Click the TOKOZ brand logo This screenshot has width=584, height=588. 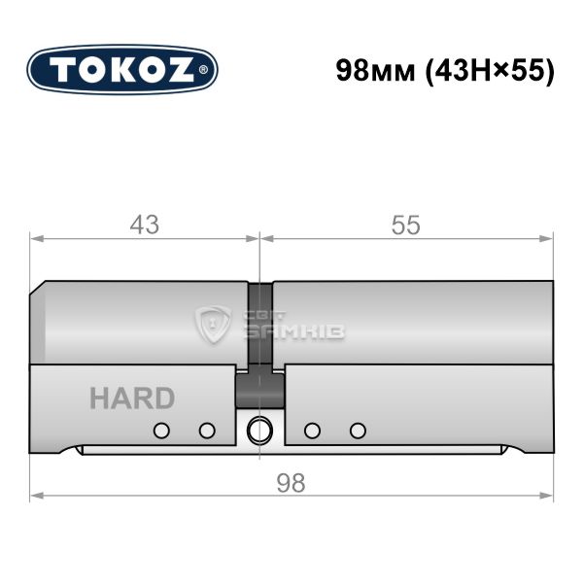(122, 70)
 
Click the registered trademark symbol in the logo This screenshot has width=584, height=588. (203, 70)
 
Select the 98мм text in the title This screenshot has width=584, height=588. (375, 71)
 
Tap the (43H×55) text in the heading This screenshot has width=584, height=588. (489, 71)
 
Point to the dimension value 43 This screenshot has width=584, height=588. (145, 225)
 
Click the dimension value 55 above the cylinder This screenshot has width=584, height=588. (405, 225)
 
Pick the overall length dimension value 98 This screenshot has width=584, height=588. (291, 483)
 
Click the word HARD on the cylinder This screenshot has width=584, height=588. (132, 398)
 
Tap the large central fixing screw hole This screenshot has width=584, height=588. (259, 430)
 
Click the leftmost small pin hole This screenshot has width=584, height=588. (161, 431)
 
